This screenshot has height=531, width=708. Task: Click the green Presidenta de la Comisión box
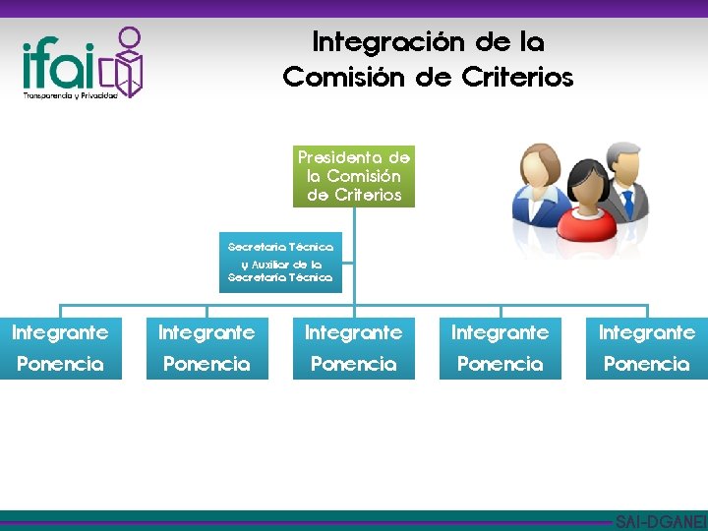(x=354, y=176)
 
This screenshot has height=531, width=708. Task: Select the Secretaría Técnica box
(x=280, y=262)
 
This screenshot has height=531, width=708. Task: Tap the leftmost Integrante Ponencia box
(x=60, y=348)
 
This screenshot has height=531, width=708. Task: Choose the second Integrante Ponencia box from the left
(x=206, y=348)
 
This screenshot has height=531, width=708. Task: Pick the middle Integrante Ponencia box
(x=353, y=348)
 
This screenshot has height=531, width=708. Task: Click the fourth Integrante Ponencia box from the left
(x=500, y=348)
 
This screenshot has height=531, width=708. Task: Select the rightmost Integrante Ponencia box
(x=646, y=348)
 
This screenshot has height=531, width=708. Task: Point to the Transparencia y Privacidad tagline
(x=70, y=95)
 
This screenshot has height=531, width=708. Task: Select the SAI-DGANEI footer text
(x=660, y=521)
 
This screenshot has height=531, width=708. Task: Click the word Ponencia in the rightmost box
(x=646, y=364)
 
